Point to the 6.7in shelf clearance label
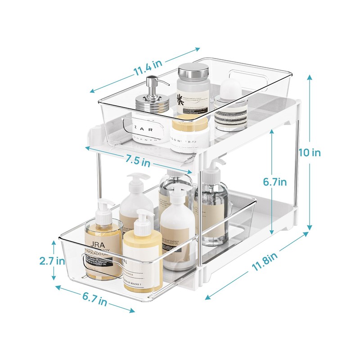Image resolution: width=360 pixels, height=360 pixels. [x=274, y=182]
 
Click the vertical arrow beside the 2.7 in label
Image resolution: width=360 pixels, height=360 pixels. [x=54, y=261]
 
